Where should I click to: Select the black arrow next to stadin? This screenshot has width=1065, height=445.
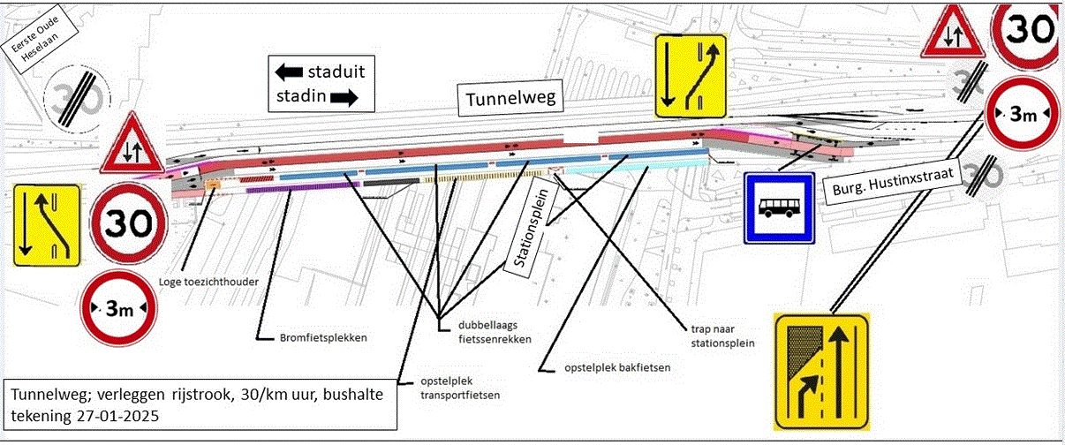(344, 96)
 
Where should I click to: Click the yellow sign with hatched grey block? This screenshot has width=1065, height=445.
(821, 371)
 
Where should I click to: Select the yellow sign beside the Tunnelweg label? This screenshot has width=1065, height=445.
(690, 76)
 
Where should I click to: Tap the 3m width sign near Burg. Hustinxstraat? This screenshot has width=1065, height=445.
(1021, 115)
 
